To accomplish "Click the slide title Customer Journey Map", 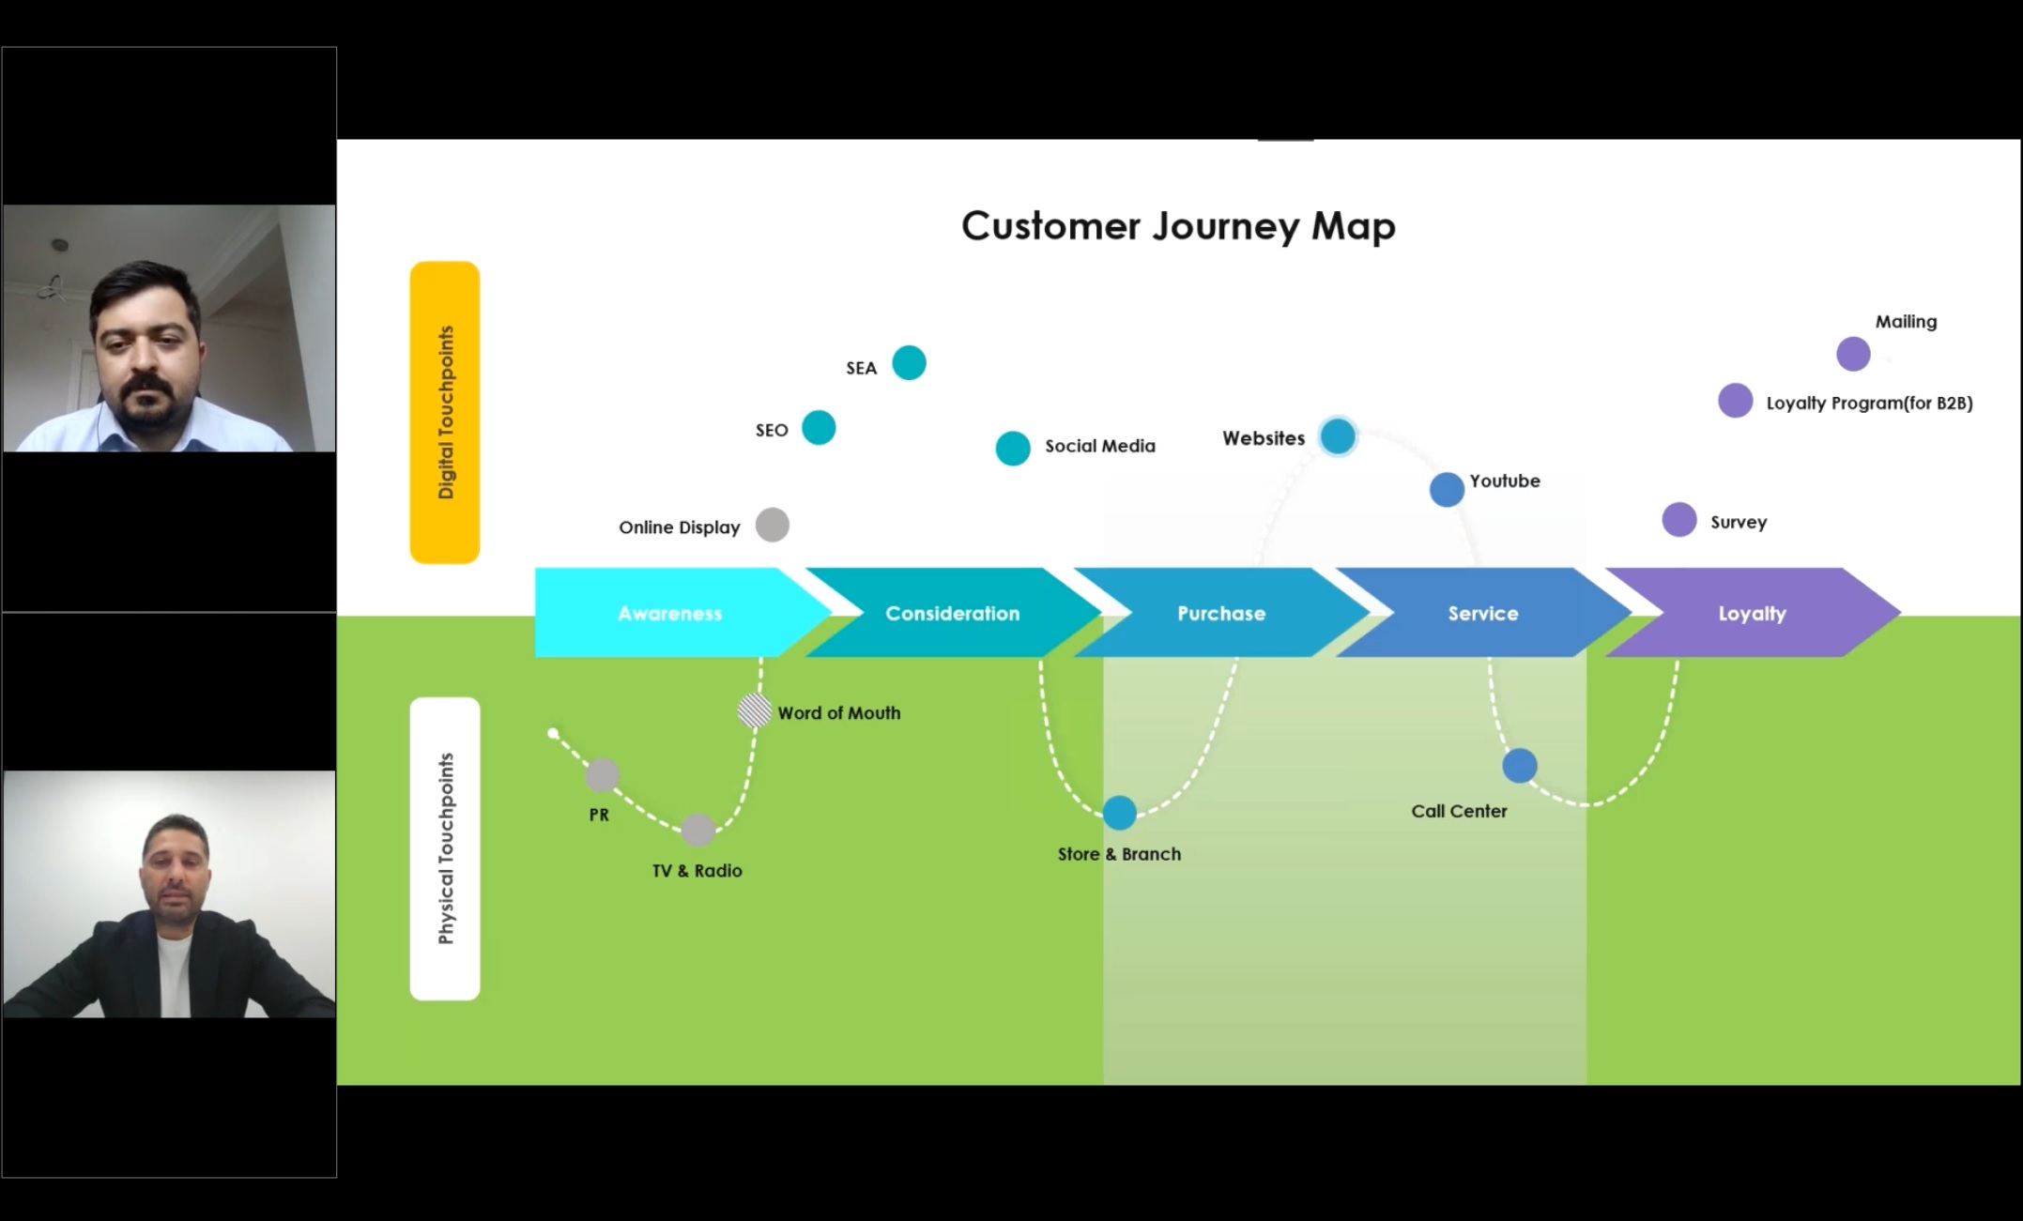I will [1178, 226].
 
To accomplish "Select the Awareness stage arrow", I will [670, 613].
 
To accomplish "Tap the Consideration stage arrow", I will [952, 613].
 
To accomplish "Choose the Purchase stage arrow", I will [1221, 613].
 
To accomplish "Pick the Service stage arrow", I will [1482, 613].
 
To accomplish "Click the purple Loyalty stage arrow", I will [1752, 613].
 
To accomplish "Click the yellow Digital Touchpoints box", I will [445, 412].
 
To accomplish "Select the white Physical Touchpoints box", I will [445, 848].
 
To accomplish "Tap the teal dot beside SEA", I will [909, 362].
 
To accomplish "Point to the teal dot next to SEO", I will [819, 428].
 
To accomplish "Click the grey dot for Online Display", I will [773, 525].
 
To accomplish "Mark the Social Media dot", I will [1013, 449].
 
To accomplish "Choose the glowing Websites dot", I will [1338, 436].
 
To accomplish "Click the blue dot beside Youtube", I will [1447, 489].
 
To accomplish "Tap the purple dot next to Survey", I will [1679, 520].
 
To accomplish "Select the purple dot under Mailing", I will [1853, 354].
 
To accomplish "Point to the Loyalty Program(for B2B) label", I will [1869, 404].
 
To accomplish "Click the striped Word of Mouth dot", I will [754, 710].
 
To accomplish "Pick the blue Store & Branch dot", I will [1119, 813].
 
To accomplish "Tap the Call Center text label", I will [1459, 811].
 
